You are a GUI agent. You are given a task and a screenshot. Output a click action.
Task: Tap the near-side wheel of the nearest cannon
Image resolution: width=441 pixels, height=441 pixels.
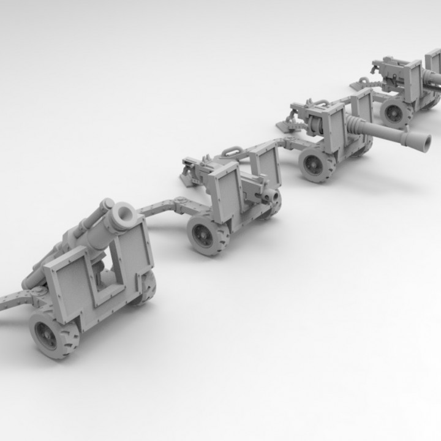54,334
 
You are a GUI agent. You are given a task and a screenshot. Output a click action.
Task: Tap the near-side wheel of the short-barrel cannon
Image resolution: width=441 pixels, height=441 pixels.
207,234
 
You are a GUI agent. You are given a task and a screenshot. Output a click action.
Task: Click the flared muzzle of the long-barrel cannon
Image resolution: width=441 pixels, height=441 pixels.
421,142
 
